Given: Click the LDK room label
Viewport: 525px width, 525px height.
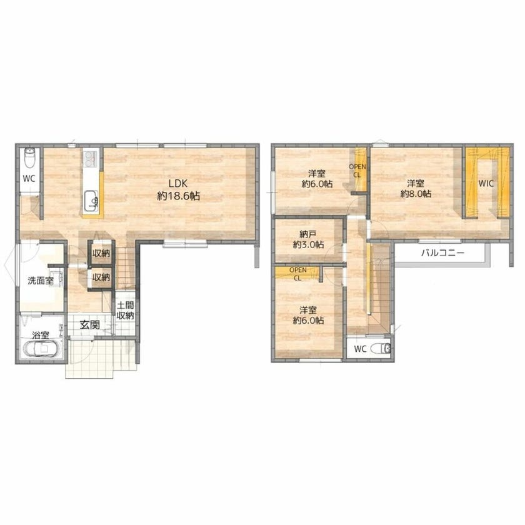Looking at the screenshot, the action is [177, 183].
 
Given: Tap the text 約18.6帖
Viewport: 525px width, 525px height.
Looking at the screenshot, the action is [179, 196].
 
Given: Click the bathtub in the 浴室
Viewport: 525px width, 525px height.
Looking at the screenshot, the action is [41, 349].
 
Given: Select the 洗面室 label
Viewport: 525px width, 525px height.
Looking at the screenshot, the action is [41, 281].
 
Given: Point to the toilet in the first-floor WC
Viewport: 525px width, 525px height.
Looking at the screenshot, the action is [30, 159].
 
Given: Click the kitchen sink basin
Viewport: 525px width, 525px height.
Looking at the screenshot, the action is [91, 201].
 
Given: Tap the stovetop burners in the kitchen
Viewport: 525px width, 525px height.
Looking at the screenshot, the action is [91, 159].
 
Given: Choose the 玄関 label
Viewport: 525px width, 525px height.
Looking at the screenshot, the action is [90, 324].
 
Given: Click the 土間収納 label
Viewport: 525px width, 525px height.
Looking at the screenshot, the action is [125, 311].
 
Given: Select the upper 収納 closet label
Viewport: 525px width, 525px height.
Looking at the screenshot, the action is [101, 254].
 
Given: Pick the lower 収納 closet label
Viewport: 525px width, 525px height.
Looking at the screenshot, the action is [101, 277].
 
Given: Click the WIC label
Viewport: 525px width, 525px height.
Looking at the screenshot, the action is [486, 184].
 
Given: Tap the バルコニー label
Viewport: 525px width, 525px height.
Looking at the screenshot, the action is [442, 252].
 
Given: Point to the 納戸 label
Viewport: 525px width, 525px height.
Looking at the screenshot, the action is [308, 234].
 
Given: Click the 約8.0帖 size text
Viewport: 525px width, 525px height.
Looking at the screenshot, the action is [416, 194].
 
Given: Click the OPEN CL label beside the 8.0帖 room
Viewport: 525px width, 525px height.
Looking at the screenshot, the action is [357, 171].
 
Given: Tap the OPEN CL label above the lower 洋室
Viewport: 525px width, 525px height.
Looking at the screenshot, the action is [297, 274].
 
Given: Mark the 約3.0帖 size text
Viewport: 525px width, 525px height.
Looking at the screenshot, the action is [308, 244].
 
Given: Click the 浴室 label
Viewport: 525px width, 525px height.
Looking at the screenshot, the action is [41, 335].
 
